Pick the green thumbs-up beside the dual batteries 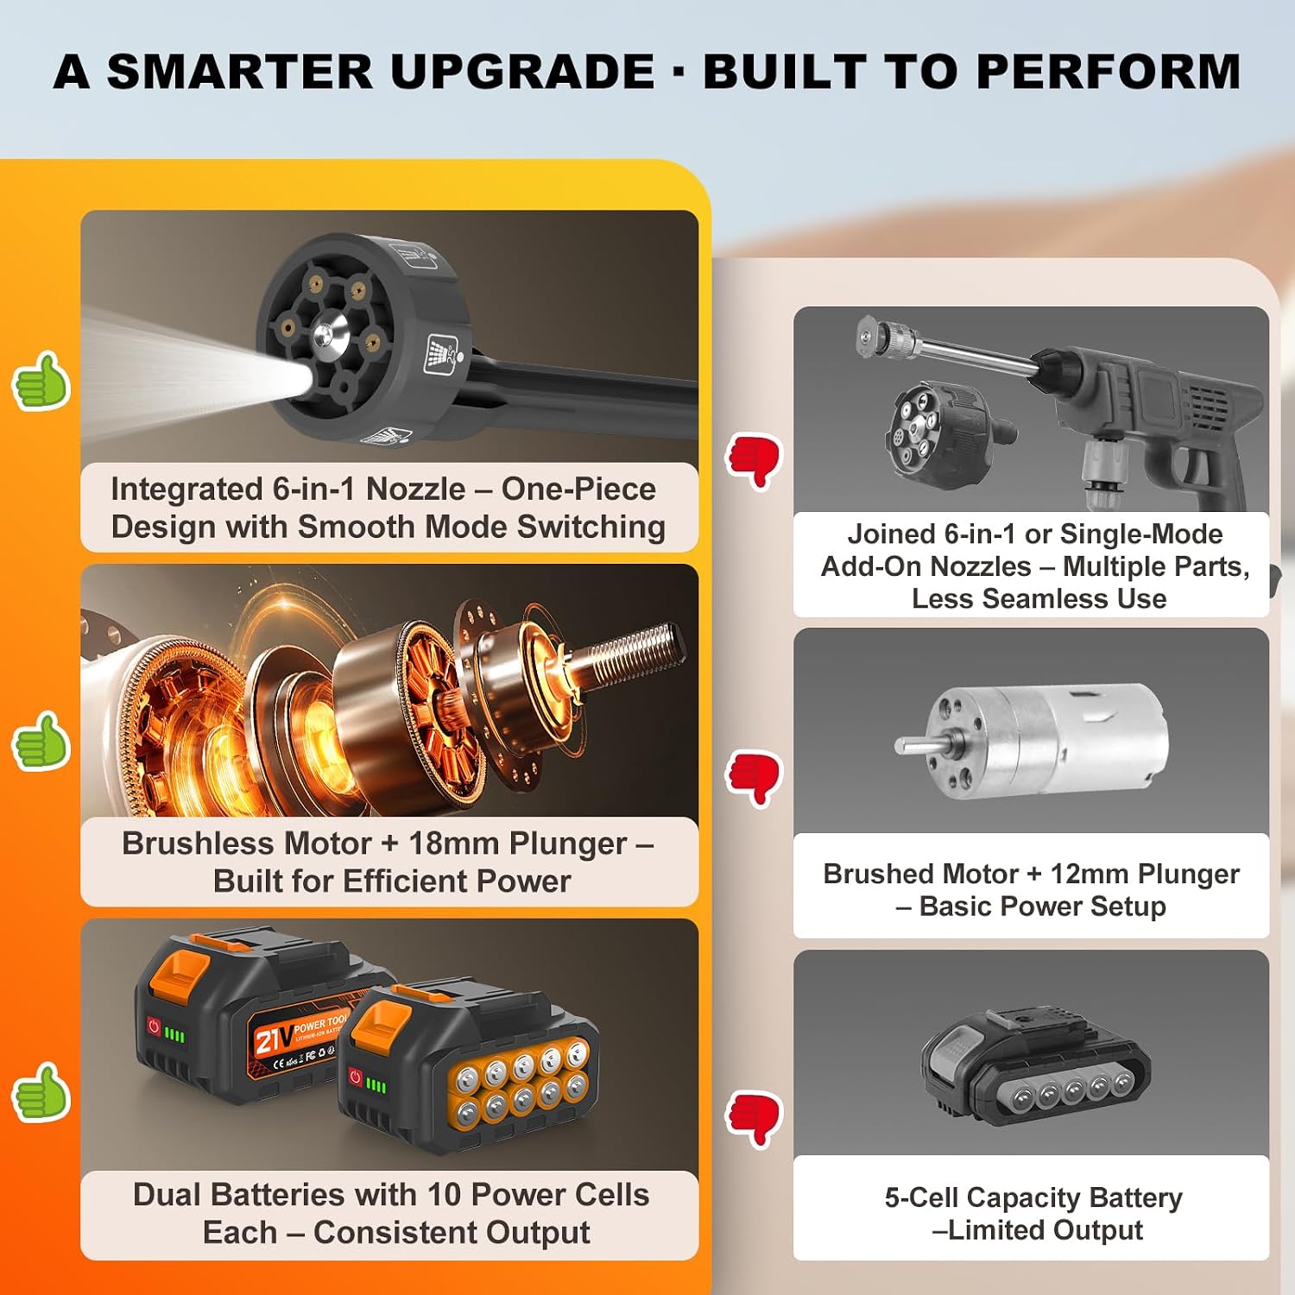(x=41, y=1092)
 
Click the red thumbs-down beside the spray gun (x=754, y=461)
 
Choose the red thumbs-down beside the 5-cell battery (x=754, y=1119)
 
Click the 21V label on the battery (x=272, y=1039)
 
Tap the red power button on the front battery (x=354, y=1077)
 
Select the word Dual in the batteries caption (x=167, y=1195)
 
